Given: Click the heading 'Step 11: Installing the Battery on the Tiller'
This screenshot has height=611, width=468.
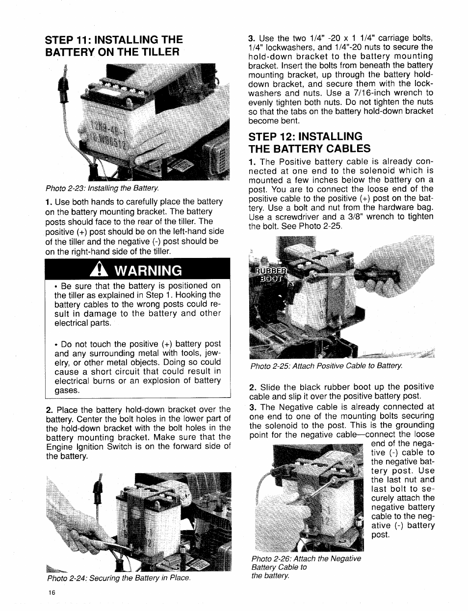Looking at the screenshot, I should [114, 45].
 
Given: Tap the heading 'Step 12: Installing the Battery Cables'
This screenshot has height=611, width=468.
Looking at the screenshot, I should [310, 142].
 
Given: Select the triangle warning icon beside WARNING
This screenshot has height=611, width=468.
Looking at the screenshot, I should [100, 270].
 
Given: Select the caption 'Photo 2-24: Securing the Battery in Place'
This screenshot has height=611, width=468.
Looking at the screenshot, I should [118, 578].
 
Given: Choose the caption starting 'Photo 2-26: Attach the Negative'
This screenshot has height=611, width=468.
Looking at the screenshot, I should [306, 559].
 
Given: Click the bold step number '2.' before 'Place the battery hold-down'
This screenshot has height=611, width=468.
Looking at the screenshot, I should [49, 409].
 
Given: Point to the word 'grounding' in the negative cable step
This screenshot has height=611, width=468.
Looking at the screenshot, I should [413, 425].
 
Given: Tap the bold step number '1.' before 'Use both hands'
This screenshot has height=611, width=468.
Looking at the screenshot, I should [49, 202].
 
